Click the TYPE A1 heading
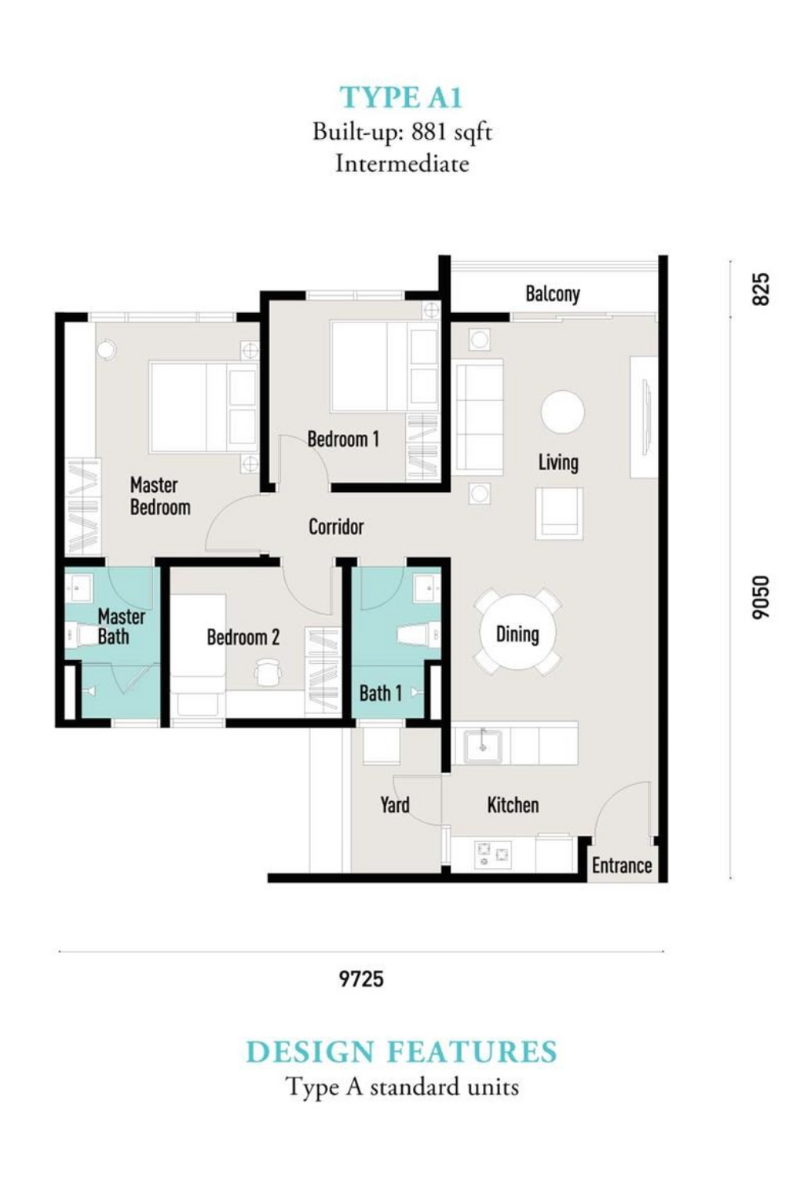coord(401,98)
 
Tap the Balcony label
coord(553,293)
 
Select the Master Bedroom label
coord(160,496)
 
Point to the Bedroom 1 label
coord(343,439)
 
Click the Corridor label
coord(336,527)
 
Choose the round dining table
coord(517,632)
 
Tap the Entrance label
coord(622,866)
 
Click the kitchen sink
coord(483,745)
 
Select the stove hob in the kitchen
coord(492,853)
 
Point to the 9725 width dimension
coord(362,979)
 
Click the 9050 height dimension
coord(761,597)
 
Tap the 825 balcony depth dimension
coord(761,290)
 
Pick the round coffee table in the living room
coord(562,412)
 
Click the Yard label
coord(394,804)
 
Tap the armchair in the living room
coord(559,513)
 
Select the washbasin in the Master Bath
coord(79,588)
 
